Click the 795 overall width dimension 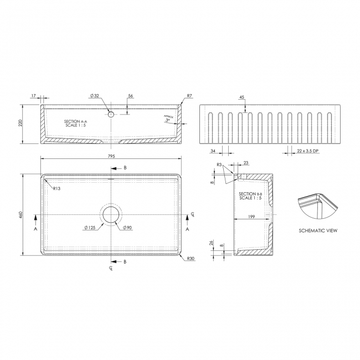click(111, 157)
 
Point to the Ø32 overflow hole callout click(95, 96)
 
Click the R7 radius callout click(189, 96)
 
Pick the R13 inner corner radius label click(56, 188)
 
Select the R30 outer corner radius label click(191, 258)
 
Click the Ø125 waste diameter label click(91, 228)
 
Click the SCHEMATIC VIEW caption click(317, 230)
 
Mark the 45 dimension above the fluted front click(242, 97)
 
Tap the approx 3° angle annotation click(167, 119)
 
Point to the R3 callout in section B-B click(219, 165)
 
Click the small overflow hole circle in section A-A click(111, 114)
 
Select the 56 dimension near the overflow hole click(130, 96)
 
